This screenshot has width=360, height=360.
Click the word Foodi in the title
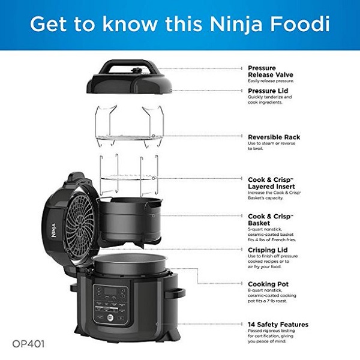coord(300,24)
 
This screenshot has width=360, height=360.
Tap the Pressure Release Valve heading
coord(271,71)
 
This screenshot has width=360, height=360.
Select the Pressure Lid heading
coord(268,91)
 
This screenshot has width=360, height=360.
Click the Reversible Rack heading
coord(274,137)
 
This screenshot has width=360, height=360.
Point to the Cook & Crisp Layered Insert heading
coord(271,183)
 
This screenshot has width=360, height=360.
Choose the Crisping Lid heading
coord(268,250)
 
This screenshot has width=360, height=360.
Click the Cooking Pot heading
coord(268,284)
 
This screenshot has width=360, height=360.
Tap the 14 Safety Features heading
coord(278,325)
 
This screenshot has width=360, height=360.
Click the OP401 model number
coord(28,344)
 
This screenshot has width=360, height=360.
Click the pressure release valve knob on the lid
coord(137,70)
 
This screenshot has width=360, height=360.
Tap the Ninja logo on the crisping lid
coord(53,230)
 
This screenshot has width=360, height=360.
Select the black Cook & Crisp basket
coord(130,220)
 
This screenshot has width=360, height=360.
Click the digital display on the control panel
coord(110,291)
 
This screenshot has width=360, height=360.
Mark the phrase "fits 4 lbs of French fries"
coord(272,240)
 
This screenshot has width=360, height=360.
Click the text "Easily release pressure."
coord(271,81)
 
